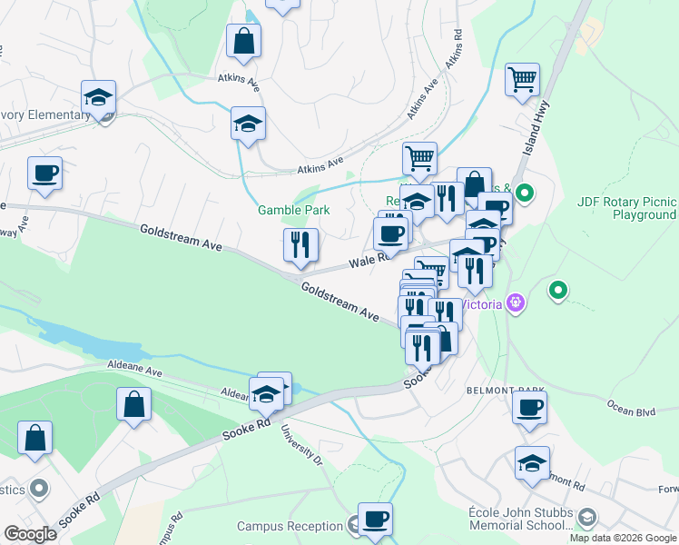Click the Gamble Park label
pos(293,210)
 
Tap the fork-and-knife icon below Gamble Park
pos(300,245)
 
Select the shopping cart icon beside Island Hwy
pos(522,80)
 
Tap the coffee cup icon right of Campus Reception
pos(375,520)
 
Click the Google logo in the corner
pos(30,533)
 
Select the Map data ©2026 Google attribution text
pos(622,538)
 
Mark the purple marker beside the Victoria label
pos(517,300)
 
